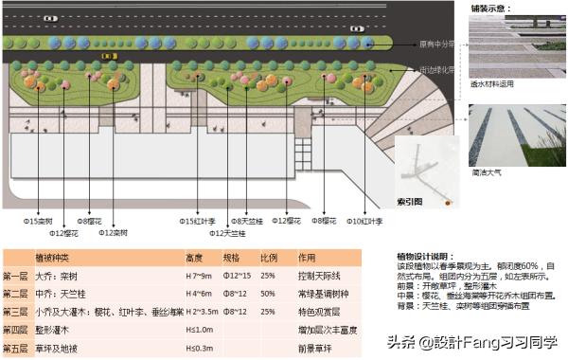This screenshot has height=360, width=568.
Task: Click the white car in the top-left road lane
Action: [50, 18]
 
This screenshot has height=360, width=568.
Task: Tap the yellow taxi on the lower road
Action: [110, 56]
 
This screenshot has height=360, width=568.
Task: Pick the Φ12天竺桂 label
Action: [227, 232]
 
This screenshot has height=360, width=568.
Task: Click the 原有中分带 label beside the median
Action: [438, 44]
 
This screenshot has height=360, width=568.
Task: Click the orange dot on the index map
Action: [446, 203]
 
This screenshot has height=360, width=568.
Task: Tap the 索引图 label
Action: [409, 202]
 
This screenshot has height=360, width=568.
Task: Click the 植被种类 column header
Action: [58, 258]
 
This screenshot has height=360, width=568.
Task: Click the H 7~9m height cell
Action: [201, 276]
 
